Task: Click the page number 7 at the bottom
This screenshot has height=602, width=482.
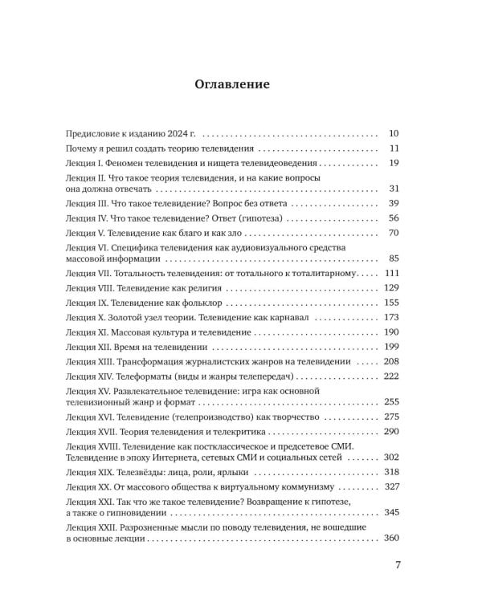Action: click(x=398, y=564)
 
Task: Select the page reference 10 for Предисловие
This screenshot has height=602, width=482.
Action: click(x=394, y=134)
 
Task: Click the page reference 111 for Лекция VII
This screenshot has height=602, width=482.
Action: click(x=391, y=274)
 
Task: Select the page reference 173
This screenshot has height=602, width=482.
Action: click(x=391, y=317)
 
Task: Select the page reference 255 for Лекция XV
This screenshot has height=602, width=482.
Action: click(x=391, y=401)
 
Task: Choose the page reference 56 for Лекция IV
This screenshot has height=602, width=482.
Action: click(x=394, y=218)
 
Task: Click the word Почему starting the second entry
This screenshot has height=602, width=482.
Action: click(x=83, y=148)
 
